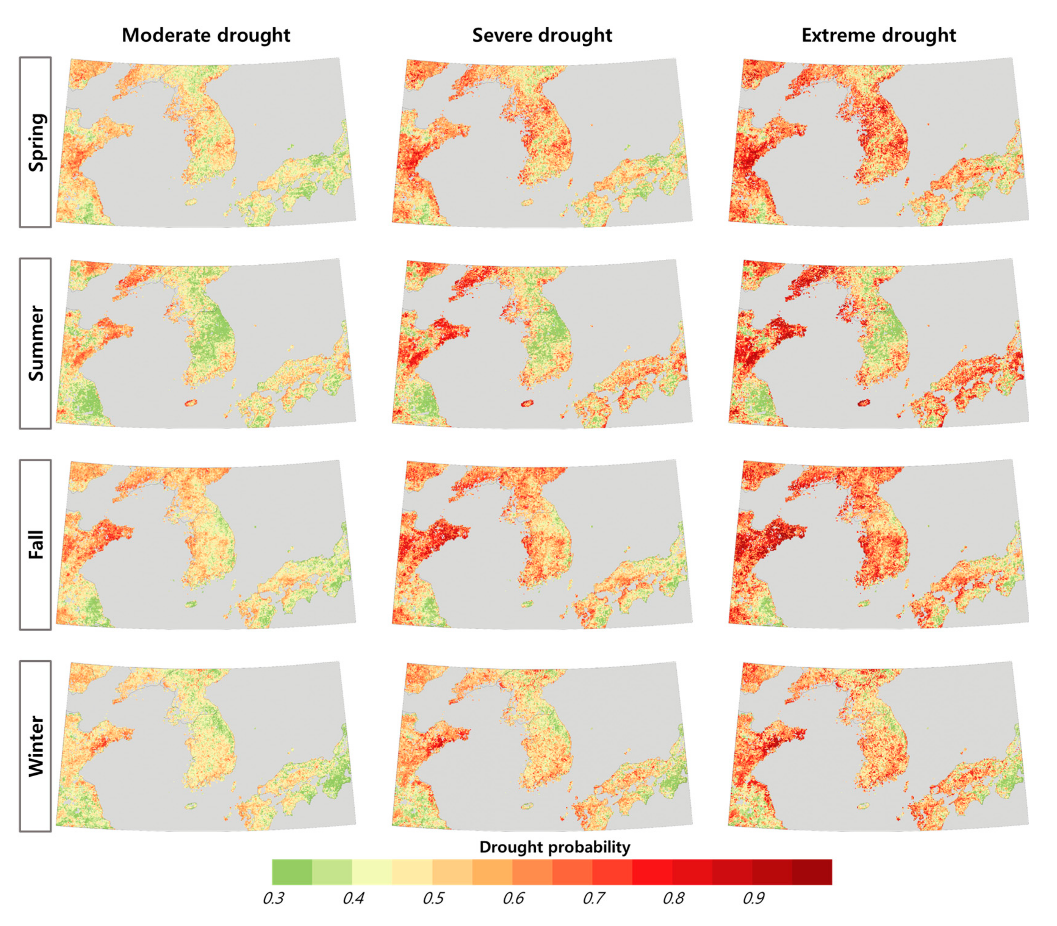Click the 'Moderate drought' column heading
click(x=206, y=35)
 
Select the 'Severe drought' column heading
click(x=542, y=35)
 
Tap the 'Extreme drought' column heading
click(x=878, y=35)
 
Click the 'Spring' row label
click(x=36, y=142)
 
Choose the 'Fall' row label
click(x=36, y=545)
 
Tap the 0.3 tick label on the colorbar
click(x=273, y=899)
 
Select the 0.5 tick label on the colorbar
click(x=433, y=899)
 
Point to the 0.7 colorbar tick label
click(x=593, y=899)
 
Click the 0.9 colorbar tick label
click(x=753, y=899)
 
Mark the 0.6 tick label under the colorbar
click(x=513, y=899)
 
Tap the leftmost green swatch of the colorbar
click(x=292, y=872)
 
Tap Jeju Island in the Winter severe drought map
click(x=527, y=805)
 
